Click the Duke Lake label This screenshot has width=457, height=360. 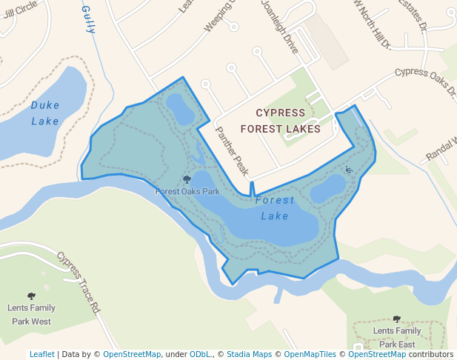click(45, 113)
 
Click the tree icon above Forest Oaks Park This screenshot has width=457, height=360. click(187, 179)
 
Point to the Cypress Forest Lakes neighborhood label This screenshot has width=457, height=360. click(280, 121)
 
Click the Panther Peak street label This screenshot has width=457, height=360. click(232, 150)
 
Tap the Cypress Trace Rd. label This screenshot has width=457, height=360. click(79, 280)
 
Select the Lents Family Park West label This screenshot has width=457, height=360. click(31, 314)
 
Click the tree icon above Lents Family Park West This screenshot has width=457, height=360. click(31, 296)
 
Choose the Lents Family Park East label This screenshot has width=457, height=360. click(397, 337)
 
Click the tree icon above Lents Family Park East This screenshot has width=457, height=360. click(397, 319)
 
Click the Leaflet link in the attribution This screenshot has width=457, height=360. click(41, 354)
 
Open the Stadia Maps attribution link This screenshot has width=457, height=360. click(249, 354)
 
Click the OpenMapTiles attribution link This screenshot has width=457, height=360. click(310, 354)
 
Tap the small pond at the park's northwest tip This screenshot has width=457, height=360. click(179, 108)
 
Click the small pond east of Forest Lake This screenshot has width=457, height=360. click(327, 189)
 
